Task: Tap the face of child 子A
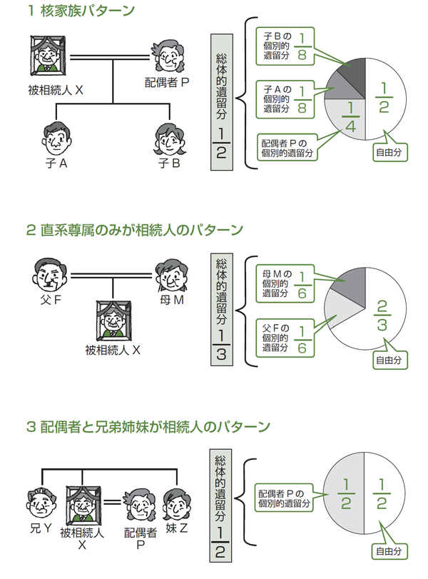pos(54,136)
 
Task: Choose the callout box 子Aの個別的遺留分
pos(285,98)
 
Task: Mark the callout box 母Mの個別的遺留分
pos(285,281)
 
